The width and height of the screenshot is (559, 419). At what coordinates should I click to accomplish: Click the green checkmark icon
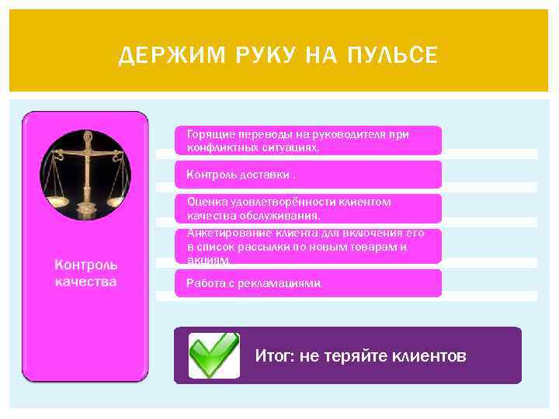pos(214,355)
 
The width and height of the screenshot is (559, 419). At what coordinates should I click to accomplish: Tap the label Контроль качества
pos(85,273)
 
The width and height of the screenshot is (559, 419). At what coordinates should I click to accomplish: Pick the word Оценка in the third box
pos(203,202)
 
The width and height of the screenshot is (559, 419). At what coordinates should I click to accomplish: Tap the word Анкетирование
pos(222,234)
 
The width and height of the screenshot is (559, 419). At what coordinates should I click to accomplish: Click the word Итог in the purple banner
pos(272,356)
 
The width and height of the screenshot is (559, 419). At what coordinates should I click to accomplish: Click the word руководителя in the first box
pos(348,134)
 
